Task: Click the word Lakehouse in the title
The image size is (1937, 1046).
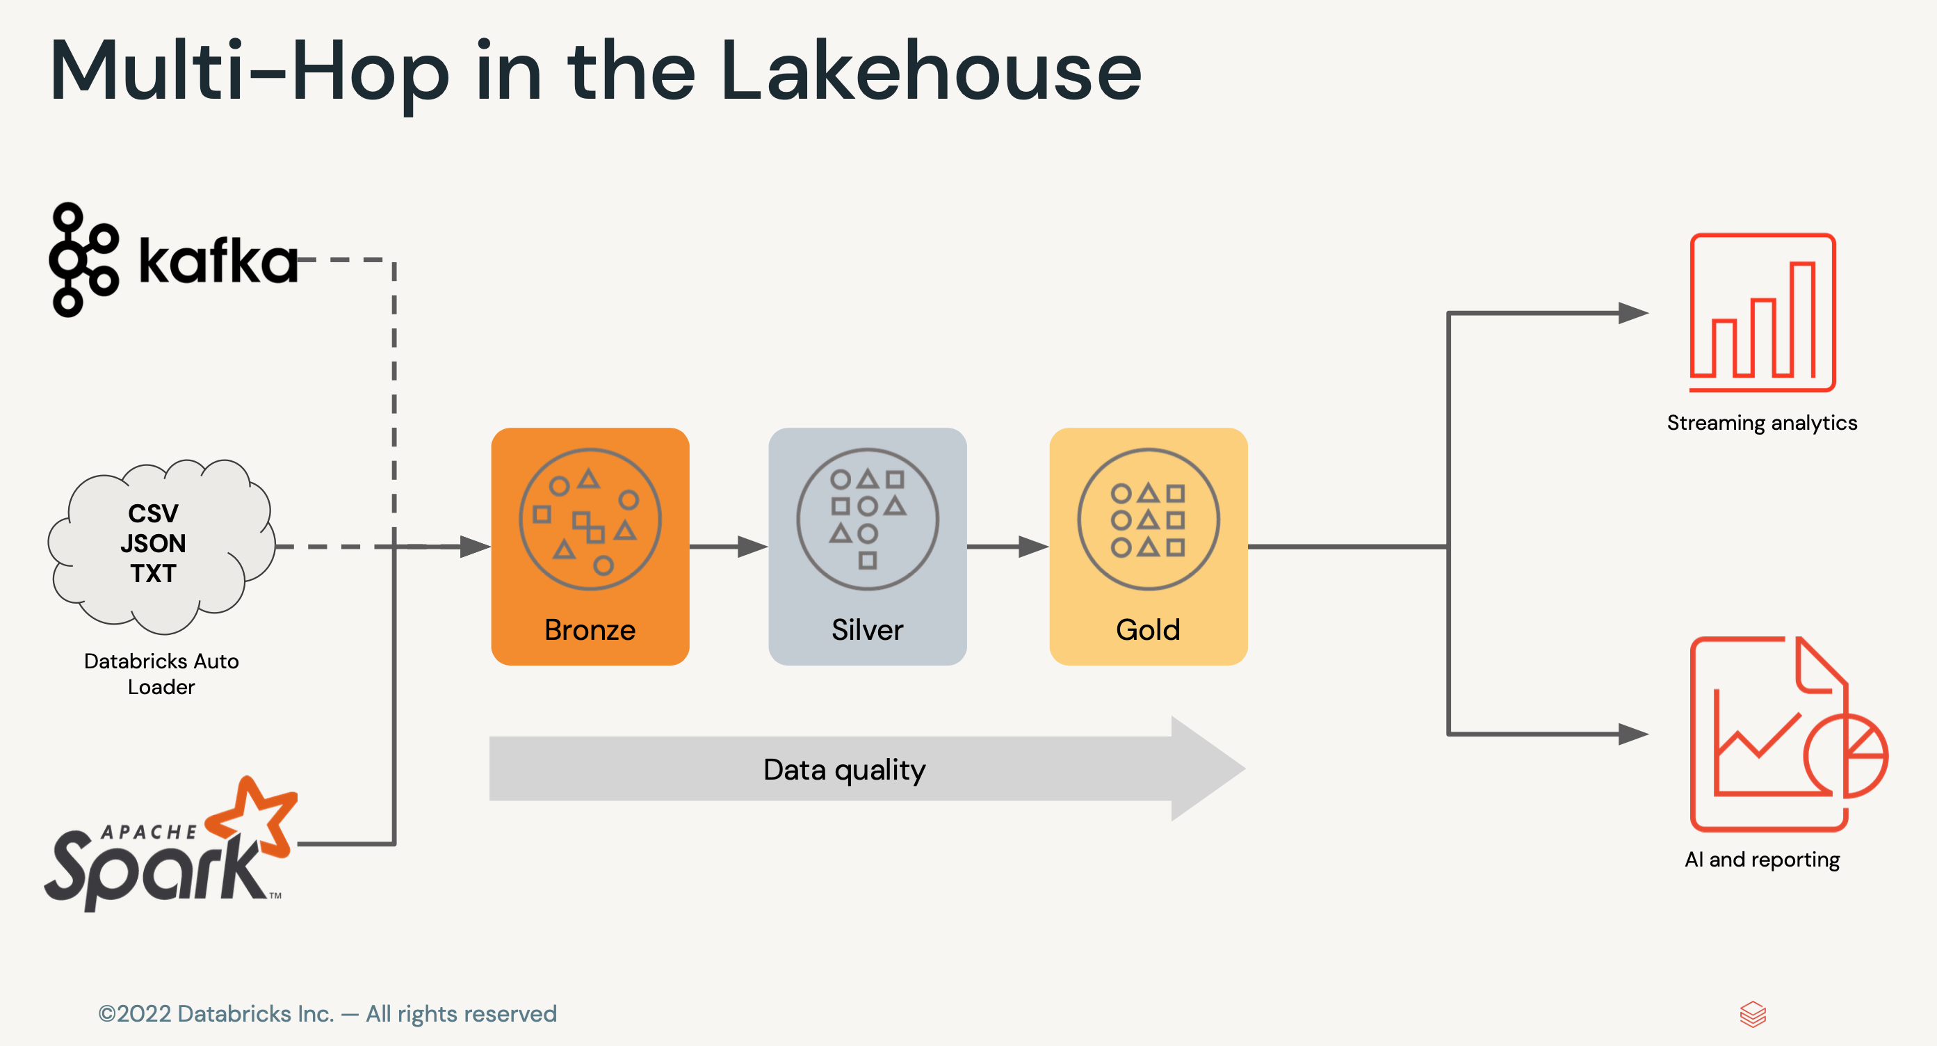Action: point(930,72)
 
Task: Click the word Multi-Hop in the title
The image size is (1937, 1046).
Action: point(249,72)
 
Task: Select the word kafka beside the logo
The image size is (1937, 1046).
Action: point(218,261)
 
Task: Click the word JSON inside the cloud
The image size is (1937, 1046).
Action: point(154,543)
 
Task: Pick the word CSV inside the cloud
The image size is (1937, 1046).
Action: point(154,513)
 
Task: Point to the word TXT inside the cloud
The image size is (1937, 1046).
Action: point(154,573)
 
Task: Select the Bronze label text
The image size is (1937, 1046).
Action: point(590,629)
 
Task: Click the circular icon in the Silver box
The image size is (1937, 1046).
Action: point(867,519)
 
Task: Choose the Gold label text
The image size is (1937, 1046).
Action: point(1147,629)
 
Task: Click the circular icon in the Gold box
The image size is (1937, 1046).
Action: point(1147,519)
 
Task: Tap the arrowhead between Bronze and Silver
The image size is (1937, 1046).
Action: point(752,547)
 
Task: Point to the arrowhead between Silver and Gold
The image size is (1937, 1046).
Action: point(1033,547)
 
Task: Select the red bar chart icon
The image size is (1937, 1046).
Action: point(1762,312)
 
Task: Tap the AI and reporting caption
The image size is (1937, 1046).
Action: point(1762,860)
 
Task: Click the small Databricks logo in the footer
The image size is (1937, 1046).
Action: point(1753,1015)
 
